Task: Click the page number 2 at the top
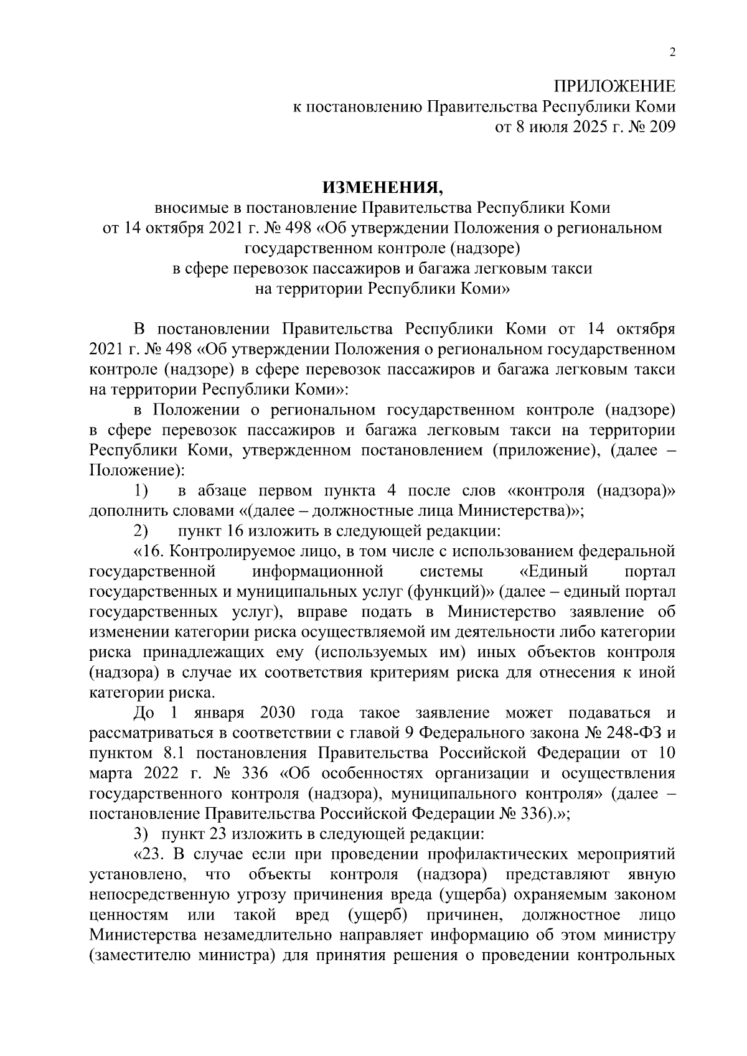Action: [x=672, y=53]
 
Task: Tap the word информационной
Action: [x=318, y=572]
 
